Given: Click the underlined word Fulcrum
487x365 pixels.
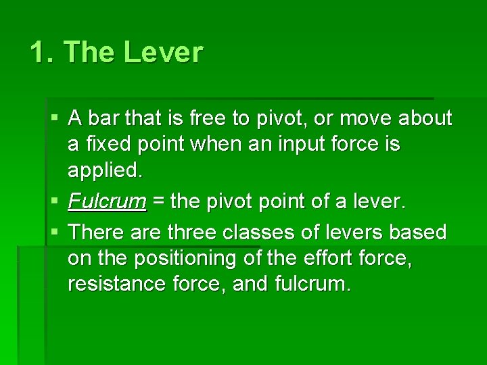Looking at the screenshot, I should tap(107, 201).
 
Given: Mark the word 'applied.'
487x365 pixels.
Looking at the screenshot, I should tap(106, 171).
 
